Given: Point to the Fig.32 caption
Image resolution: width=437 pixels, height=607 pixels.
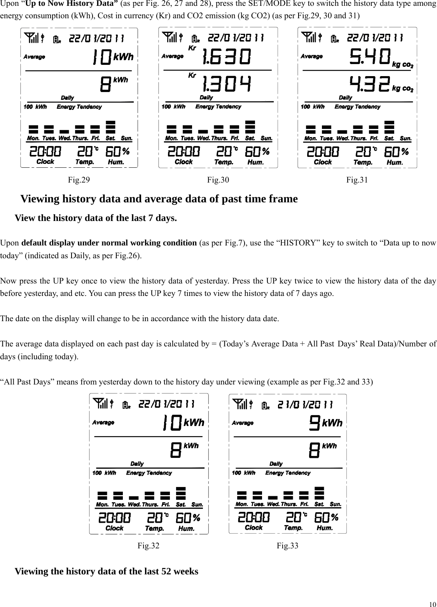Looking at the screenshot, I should [149, 546].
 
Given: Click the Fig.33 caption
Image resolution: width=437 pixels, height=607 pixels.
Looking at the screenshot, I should [287, 546].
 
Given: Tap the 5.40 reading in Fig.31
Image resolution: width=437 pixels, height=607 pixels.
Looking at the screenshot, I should [370, 57].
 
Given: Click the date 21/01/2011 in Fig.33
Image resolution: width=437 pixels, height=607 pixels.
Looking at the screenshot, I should [305, 405].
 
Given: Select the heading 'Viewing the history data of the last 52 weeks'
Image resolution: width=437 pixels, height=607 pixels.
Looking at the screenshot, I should [106, 571].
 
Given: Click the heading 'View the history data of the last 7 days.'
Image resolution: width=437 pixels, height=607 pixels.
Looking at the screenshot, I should [96, 218].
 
